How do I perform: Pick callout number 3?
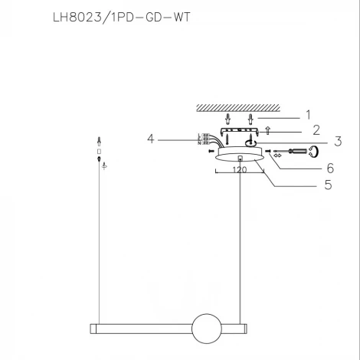(x=316, y=142)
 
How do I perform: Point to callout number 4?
(x=152, y=139)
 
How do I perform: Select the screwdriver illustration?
(x=294, y=152)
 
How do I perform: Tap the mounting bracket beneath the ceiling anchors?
(x=240, y=131)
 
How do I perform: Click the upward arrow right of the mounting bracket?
(x=267, y=131)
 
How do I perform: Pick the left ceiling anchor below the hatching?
(x=228, y=119)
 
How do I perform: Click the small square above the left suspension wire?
(x=100, y=151)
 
